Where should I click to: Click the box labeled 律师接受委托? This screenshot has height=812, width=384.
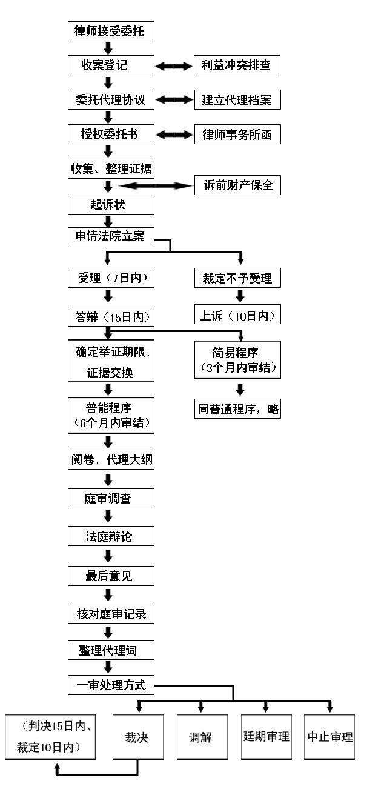[111, 31]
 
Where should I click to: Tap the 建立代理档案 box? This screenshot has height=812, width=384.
[237, 100]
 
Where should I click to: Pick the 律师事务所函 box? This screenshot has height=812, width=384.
[237, 135]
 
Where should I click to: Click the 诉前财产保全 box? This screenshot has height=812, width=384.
[237, 185]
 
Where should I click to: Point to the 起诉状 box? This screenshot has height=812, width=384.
[111, 204]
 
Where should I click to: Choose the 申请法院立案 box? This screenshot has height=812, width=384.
[111, 237]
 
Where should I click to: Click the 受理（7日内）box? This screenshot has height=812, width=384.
[111, 278]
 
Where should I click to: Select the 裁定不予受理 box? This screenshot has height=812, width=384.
[237, 278]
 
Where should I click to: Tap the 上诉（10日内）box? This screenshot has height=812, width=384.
[237, 315]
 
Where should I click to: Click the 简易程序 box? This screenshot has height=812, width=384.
[237, 360]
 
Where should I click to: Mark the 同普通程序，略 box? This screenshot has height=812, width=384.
[237, 409]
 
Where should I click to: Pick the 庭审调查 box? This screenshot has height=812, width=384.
[111, 499]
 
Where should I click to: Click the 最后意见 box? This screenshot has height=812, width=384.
[111, 575]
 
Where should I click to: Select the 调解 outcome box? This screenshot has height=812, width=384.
[202, 737]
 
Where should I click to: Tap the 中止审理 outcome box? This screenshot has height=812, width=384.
[329, 737]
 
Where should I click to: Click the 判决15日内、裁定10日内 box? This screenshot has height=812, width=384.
[50, 737]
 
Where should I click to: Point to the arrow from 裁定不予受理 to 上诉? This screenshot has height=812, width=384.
[240, 296]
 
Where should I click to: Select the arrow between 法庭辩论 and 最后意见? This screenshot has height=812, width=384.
[108, 555]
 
